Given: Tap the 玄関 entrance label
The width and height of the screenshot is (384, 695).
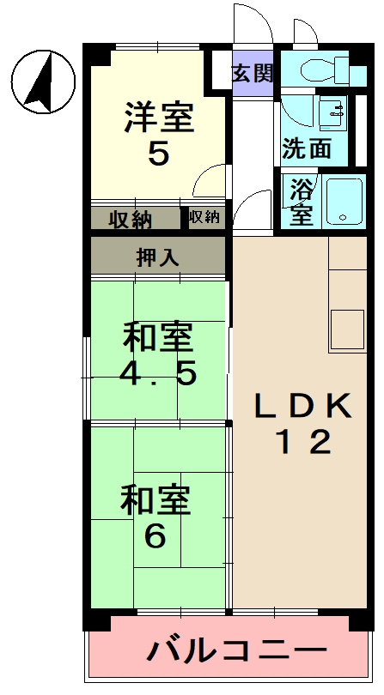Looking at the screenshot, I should pos(252,72).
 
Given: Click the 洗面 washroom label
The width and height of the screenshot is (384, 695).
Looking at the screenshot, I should pos(307,148).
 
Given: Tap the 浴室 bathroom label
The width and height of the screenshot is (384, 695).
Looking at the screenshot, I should pos(300,202).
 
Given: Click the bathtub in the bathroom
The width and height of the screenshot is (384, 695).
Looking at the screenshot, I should pos(347,202).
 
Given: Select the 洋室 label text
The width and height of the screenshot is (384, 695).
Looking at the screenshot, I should pos(159,117).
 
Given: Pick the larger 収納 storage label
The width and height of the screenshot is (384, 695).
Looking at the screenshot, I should pos(131,220).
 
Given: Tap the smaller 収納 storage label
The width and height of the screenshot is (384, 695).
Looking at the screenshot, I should pos(204,217).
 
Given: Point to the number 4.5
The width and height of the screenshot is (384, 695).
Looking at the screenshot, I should pos(159,374).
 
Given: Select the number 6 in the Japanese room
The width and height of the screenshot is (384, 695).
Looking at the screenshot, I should pos(155,536).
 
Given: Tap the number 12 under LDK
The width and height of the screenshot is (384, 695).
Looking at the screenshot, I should pos(302,443).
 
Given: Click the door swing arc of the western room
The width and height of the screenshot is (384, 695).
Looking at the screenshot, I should pos(207,180).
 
